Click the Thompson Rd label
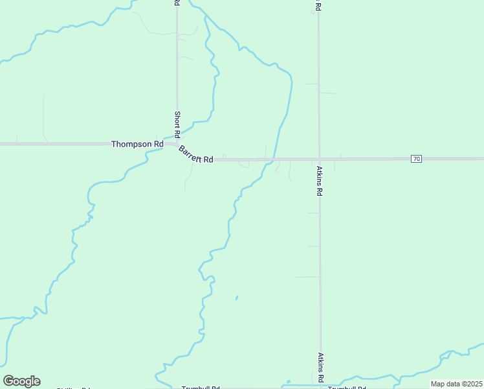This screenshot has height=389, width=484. pyautogui.click(x=137, y=144)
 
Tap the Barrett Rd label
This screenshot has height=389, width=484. pyautogui.click(x=196, y=156)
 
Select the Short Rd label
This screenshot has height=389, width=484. pyautogui.click(x=177, y=123)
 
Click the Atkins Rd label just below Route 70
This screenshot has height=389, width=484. pyautogui.click(x=320, y=181)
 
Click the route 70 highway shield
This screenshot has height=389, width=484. pyautogui.click(x=416, y=159)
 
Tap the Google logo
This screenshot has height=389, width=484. pyautogui.click(x=21, y=381)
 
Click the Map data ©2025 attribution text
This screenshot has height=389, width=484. pyautogui.click(x=456, y=384)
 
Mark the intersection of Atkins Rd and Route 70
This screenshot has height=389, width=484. pyautogui.click(x=319, y=159)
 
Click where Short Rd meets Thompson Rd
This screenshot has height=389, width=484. pyautogui.click(x=177, y=143)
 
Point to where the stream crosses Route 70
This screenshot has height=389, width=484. pyautogui.click(x=274, y=159)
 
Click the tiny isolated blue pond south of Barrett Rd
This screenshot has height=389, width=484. pyautogui.click(x=236, y=298)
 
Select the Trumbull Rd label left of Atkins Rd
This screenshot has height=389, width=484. pyautogui.click(x=201, y=388)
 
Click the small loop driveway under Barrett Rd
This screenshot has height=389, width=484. pyautogui.click(x=243, y=165)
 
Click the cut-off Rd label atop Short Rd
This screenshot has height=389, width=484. pyautogui.click(x=177, y=3)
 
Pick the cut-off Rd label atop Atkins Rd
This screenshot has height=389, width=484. pyautogui.click(x=318, y=6)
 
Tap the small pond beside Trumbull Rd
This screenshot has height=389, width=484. pyautogui.click(x=288, y=382)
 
